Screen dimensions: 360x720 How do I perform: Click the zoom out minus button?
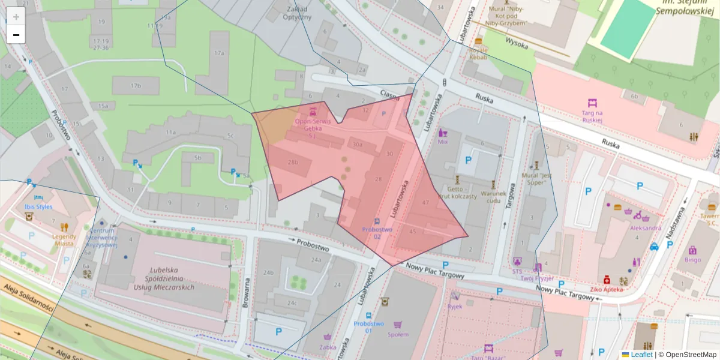coord(16,35)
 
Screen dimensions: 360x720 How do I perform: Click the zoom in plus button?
coord(16,16)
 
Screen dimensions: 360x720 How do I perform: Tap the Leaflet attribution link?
coord(641,355)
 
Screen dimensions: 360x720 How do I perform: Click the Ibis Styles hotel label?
coord(38,207)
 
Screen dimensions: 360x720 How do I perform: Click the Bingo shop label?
coord(692,260)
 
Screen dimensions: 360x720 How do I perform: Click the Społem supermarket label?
coord(398,334)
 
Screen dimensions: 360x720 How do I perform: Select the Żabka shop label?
coord(327,346)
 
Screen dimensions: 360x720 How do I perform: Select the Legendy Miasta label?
coord(64,231)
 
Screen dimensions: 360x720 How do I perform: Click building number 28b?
coord(293,163)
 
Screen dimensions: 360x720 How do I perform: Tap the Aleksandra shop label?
coord(646,228)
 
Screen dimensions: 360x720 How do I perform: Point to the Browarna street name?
coord(245,293)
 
